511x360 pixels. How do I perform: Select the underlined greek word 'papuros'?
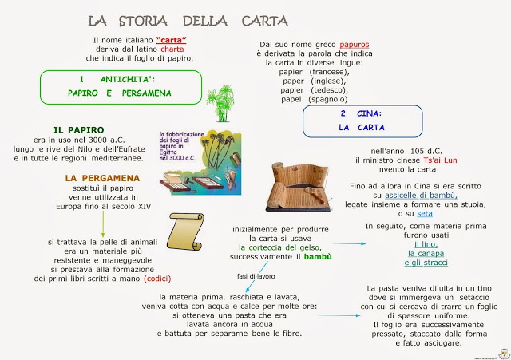click(x=355, y=44)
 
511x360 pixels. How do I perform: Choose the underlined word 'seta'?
click(x=425, y=214)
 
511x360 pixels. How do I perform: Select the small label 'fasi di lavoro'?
click(x=255, y=276)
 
